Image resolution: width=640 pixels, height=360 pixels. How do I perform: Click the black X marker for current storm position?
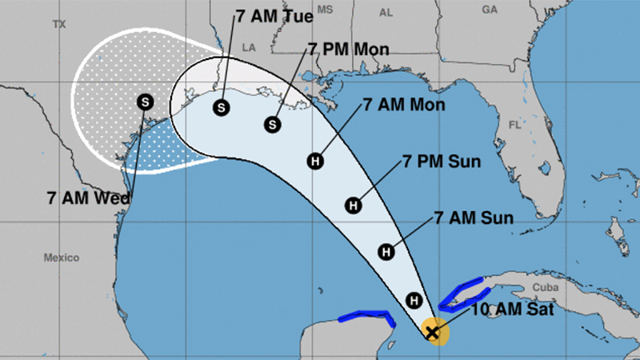click(x=433, y=332)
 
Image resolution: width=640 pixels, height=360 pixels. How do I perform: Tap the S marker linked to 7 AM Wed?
click(x=145, y=101)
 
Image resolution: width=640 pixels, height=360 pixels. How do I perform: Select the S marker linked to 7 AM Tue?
click(x=221, y=106)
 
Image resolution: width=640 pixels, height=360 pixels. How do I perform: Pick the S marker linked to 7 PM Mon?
click(x=274, y=124)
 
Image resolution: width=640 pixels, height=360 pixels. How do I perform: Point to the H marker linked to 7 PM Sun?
click(x=352, y=206)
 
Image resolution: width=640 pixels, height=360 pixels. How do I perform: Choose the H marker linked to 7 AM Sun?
click(x=386, y=252)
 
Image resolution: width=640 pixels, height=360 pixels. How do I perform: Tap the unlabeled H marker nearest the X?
click(x=414, y=301)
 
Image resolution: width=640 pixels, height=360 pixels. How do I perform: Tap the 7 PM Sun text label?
click(x=442, y=162)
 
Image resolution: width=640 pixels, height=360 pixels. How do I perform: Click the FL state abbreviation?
click(x=514, y=126)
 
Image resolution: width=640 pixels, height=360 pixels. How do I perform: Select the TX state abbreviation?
click(x=58, y=25)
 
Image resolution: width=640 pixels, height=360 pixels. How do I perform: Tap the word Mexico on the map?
click(x=62, y=258)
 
